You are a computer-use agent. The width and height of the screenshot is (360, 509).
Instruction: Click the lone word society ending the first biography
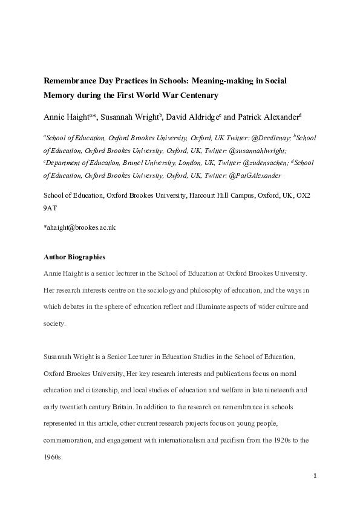pyautogui.click(x=54, y=323)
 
